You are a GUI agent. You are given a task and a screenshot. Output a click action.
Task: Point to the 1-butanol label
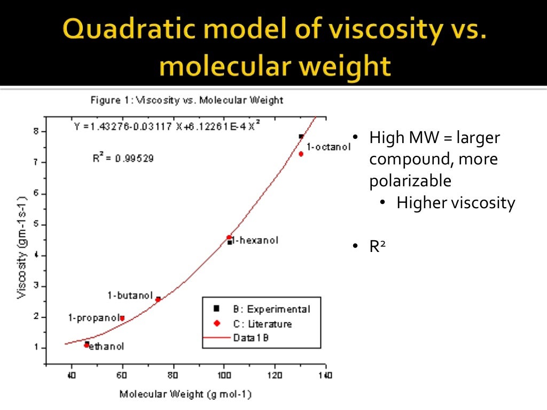[130, 296]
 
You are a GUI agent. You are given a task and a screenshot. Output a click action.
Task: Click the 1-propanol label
[95, 318]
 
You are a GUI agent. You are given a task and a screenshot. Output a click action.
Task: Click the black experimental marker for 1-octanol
[301, 137]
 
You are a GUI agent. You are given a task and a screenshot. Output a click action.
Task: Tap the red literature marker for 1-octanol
[301, 154]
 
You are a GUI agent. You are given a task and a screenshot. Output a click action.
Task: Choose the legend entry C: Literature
[262, 324]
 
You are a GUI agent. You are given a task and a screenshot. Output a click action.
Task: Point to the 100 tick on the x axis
[224, 375]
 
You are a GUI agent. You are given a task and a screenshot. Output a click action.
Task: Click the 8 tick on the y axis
[36, 131]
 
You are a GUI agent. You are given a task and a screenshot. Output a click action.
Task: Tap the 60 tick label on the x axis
[122, 375]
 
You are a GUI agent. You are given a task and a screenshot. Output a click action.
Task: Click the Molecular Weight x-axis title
[185, 395]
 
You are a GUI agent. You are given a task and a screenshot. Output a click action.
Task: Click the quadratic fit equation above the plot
[168, 127]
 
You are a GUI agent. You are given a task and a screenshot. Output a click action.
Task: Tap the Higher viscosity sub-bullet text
[456, 203]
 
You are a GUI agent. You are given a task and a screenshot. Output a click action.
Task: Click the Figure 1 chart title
[186, 100]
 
